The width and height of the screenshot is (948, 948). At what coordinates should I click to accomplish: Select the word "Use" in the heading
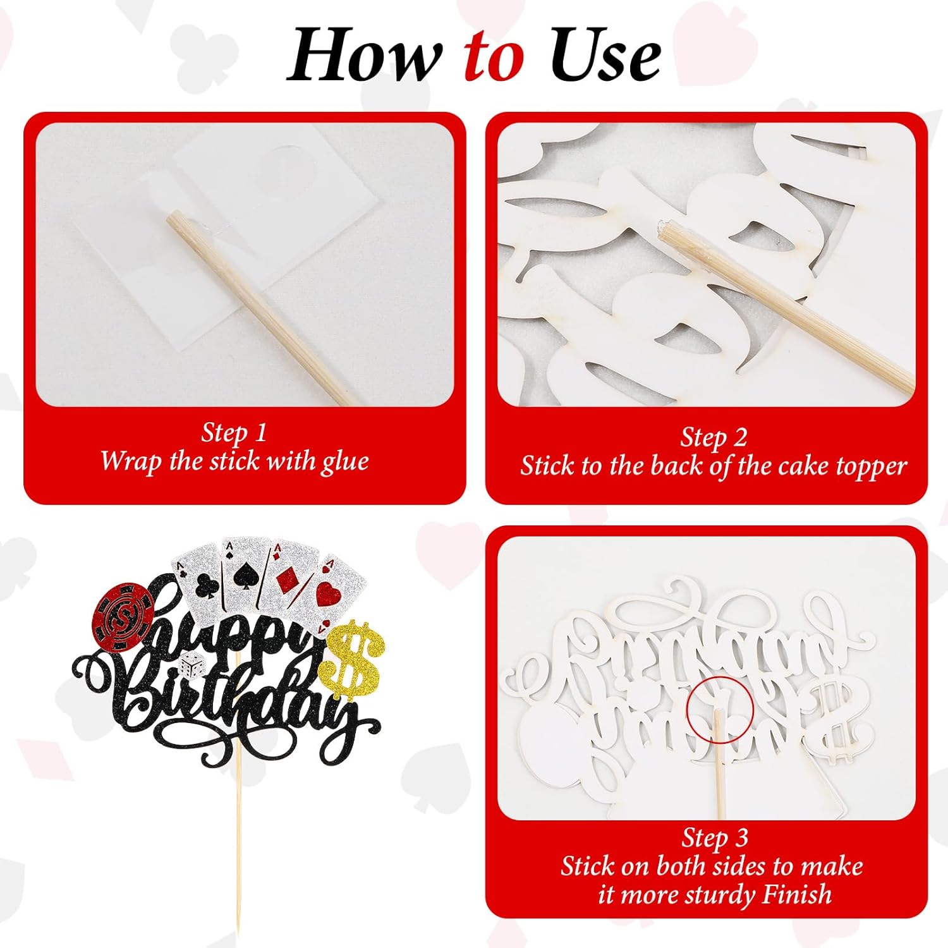point(605,56)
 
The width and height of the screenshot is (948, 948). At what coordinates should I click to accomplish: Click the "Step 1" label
point(234,433)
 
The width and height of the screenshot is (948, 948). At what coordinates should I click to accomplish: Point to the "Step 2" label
point(714,437)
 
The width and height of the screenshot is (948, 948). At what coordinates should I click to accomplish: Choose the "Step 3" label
point(714,838)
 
